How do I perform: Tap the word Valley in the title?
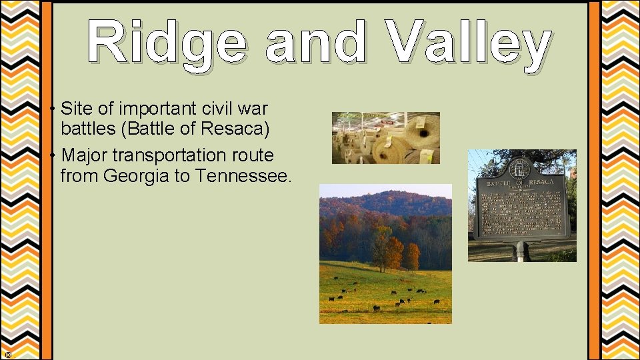(470, 43)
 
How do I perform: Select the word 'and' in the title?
(315, 43)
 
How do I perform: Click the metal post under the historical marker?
(521, 251)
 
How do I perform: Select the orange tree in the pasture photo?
(395, 252)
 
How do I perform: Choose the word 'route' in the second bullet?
(251, 155)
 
